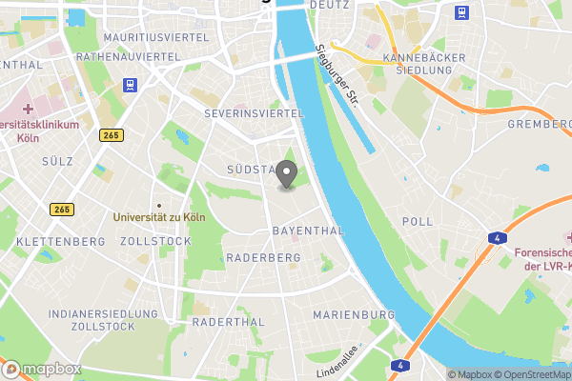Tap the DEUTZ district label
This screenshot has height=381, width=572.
tap(330, 5)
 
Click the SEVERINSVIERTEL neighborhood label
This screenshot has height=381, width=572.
tap(254, 113)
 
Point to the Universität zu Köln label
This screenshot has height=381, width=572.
tap(159, 217)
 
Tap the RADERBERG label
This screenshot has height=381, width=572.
tap(264, 258)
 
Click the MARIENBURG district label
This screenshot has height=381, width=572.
tap(354, 314)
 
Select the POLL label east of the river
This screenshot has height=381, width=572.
tap(418, 221)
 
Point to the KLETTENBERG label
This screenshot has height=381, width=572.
tap(60, 242)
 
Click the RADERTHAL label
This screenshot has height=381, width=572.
tap(228, 323)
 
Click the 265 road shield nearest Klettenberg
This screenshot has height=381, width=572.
tap(62, 210)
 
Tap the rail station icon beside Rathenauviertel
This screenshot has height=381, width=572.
tap(129, 85)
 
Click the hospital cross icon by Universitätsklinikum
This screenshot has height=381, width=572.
tap(29, 110)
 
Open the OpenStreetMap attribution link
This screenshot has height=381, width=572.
tap(526, 374)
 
